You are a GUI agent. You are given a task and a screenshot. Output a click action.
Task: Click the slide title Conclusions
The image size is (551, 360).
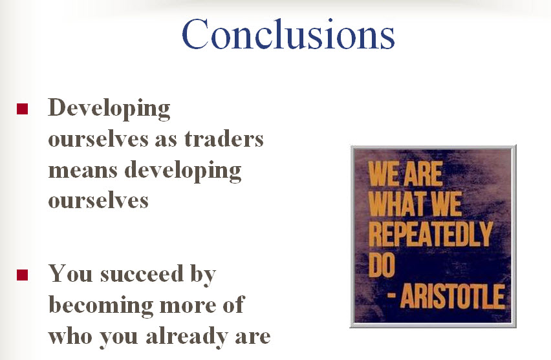coord(288,34)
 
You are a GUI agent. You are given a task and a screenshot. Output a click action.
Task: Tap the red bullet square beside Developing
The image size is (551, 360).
coord(22,109)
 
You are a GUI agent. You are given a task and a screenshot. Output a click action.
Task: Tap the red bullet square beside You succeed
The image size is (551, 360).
coord(22,275)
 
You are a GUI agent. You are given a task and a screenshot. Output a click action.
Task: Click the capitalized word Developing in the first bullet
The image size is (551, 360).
coord(109,109)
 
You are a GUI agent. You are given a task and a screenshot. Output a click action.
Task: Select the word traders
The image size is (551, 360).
coord(224,139)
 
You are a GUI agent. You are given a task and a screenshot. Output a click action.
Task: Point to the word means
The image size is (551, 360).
coord(83,171)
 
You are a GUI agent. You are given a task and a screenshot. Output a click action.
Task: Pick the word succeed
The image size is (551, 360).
coord(142,274)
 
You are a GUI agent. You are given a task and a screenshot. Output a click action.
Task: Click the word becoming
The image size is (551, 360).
coord(101,306)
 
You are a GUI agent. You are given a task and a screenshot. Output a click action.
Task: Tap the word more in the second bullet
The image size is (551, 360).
coord(188,306)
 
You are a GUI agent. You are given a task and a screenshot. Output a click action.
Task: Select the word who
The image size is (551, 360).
coord(70,336)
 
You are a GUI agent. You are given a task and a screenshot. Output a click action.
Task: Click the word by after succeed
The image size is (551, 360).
coord(203,275)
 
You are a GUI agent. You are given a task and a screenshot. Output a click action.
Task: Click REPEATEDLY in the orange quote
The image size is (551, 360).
coord(431,233)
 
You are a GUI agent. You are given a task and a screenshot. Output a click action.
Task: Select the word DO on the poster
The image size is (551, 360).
coord(382,264)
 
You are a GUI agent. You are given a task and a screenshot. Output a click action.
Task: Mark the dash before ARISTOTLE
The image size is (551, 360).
coord(391,295)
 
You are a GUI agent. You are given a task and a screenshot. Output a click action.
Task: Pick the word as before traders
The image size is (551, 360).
coord(166,140)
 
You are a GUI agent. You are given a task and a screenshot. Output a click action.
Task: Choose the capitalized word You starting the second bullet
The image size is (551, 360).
coord(70,274)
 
